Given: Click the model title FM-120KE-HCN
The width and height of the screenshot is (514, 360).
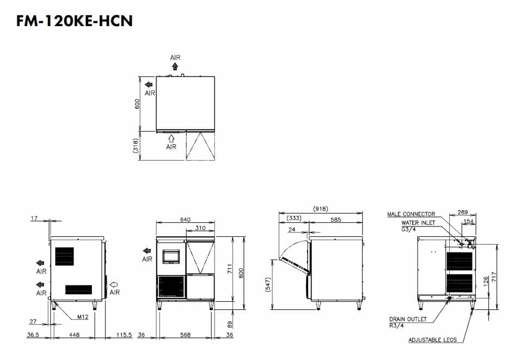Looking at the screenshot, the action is (x=75, y=21).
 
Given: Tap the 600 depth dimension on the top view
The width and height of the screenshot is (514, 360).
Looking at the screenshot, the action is (x=137, y=103).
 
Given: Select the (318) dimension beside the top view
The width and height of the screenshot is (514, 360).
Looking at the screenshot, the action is (x=136, y=145).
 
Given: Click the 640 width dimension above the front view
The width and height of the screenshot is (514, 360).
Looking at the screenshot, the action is (x=185, y=219).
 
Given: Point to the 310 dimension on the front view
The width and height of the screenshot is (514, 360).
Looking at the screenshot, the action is (x=200, y=228).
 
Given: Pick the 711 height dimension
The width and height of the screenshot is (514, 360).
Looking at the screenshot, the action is (x=230, y=269).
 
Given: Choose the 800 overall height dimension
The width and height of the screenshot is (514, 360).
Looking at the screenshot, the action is (x=241, y=273).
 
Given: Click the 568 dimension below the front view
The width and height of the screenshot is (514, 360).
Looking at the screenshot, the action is (x=185, y=335).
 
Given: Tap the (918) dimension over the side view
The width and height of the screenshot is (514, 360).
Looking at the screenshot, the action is (x=320, y=209).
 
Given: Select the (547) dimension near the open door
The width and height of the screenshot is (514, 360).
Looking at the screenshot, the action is (x=268, y=285).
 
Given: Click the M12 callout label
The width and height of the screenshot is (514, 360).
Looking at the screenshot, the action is (x=83, y=317).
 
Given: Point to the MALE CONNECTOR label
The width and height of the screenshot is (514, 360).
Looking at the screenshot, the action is (x=411, y=214).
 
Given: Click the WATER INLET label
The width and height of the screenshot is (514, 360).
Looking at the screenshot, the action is (x=418, y=223).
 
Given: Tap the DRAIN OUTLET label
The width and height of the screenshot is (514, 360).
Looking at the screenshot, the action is (x=408, y=319).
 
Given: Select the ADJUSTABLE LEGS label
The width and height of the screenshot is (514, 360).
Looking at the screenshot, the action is (x=432, y=340).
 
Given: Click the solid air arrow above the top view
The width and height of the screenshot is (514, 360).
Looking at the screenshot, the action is (x=175, y=66).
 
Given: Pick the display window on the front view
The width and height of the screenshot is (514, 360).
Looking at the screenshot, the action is (x=171, y=256).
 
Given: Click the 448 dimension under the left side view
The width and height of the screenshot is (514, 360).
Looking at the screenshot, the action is (x=75, y=335).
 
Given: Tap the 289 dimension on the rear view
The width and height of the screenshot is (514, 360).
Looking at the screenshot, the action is (x=462, y=212).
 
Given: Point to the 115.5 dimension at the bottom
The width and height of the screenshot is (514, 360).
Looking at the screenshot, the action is (x=124, y=335).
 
